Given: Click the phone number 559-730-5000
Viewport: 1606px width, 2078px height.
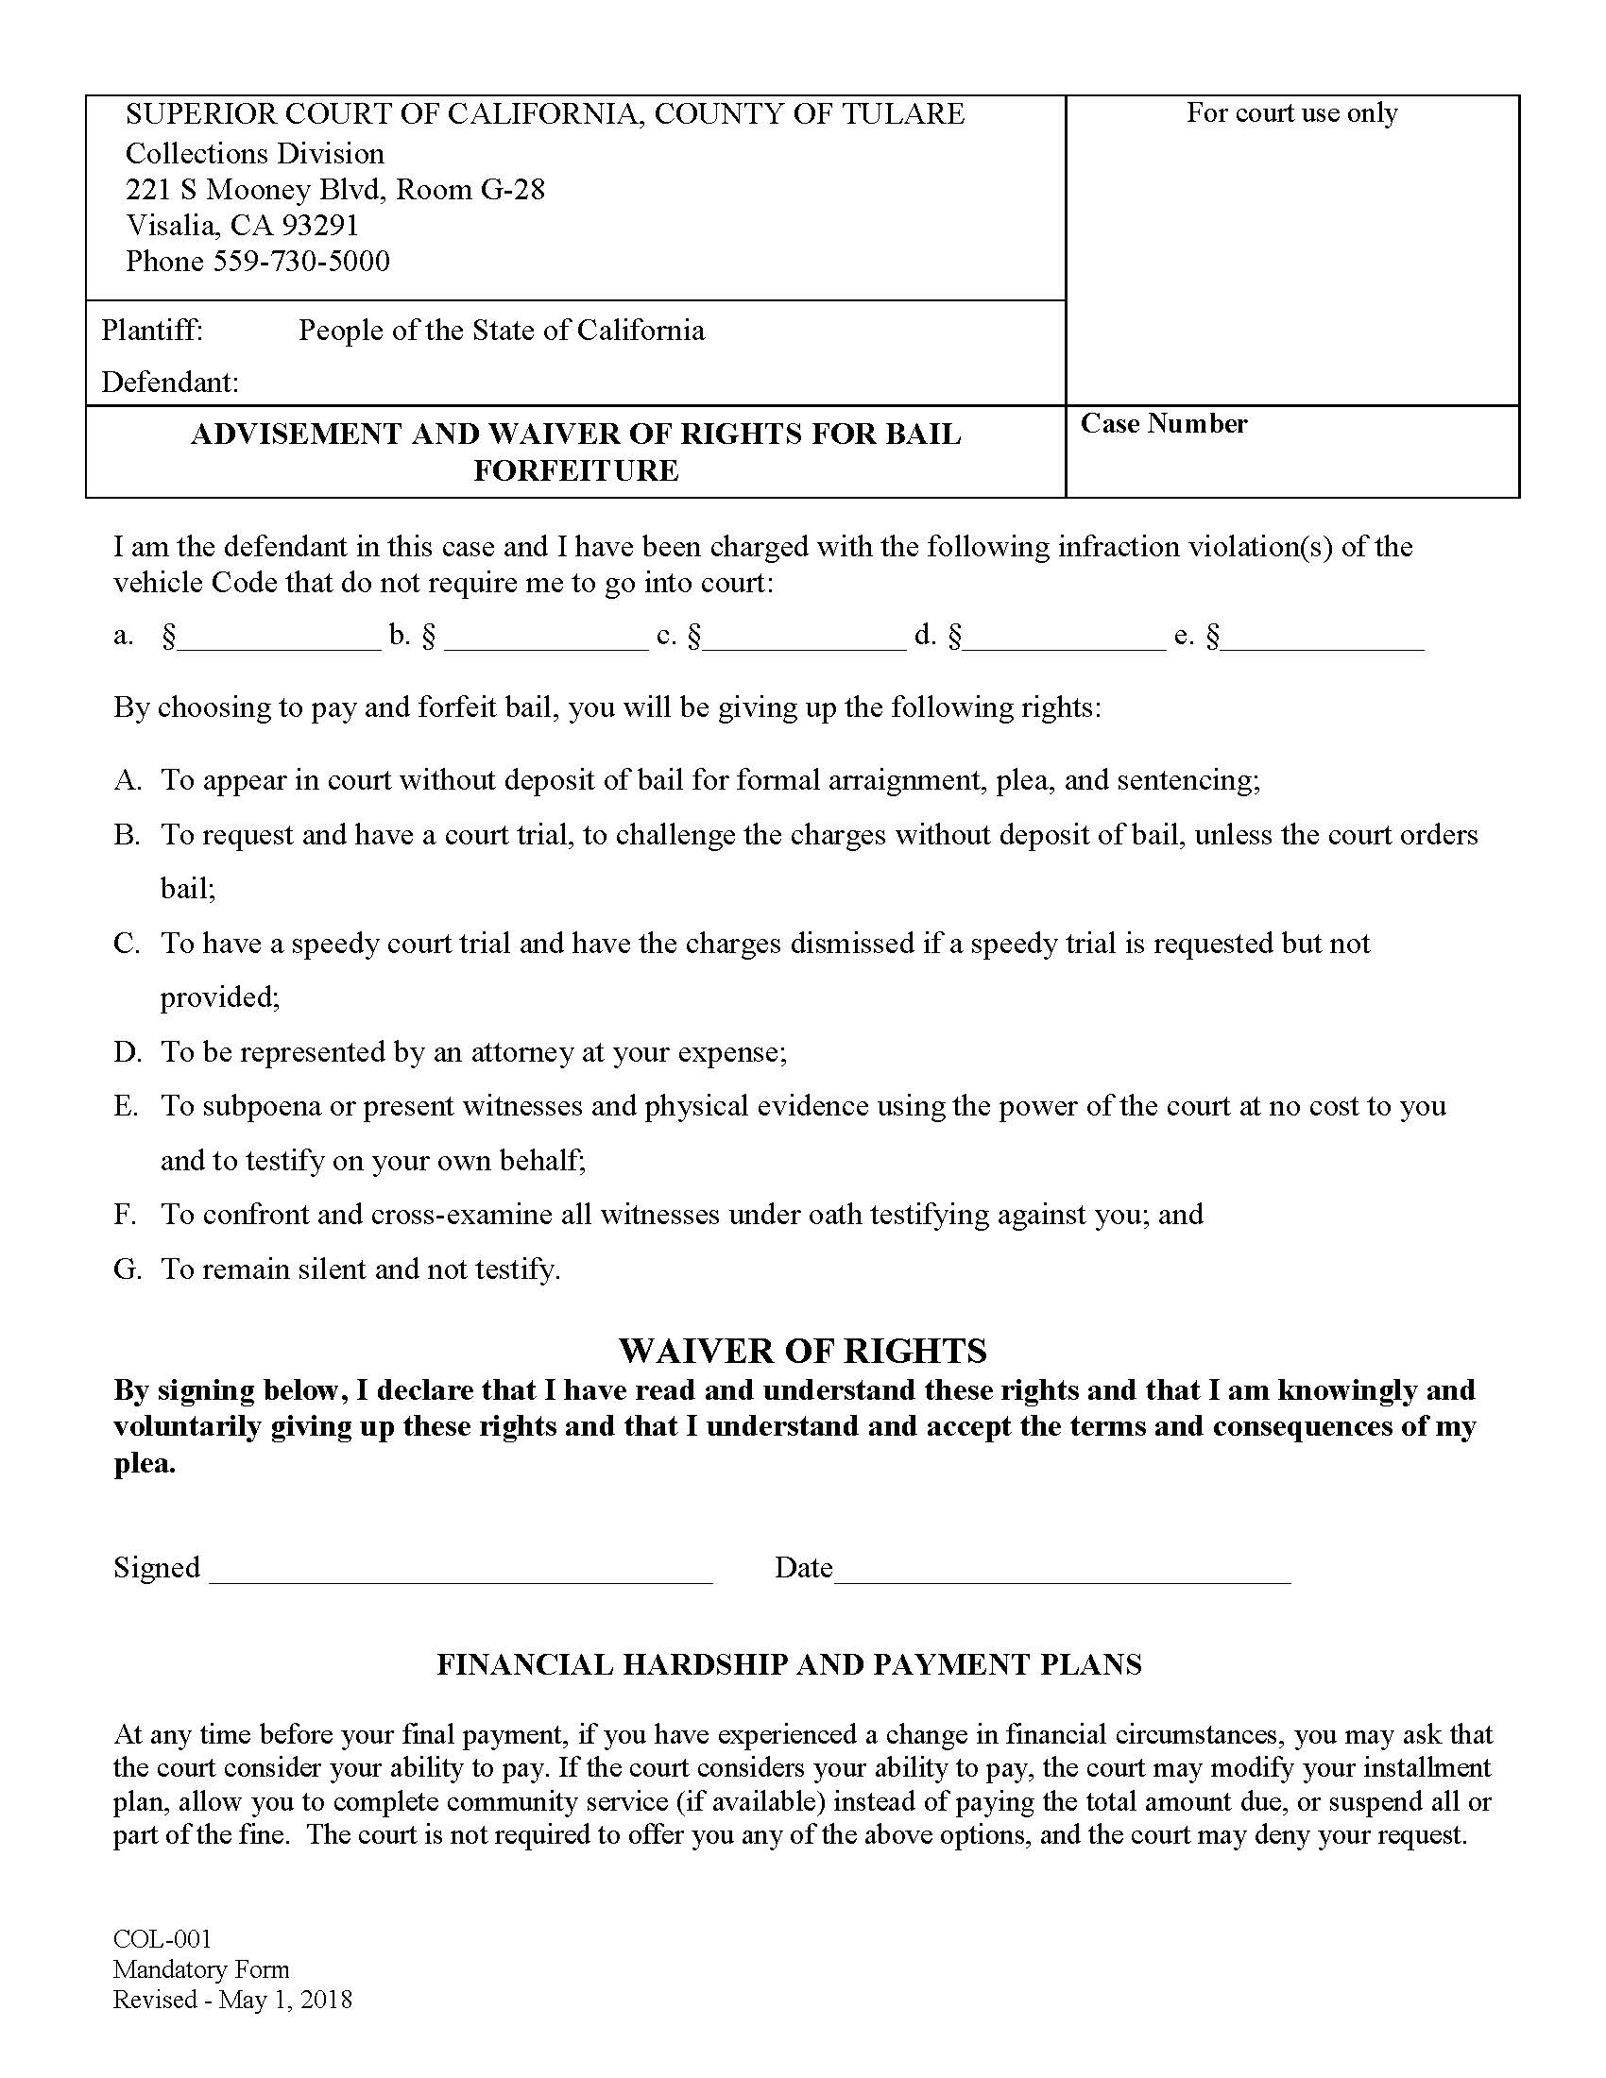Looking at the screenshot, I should pyautogui.click(x=300, y=261).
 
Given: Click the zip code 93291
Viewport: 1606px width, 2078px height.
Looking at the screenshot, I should pyautogui.click(x=318, y=225).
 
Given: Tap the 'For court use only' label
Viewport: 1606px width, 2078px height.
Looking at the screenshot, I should pyautogui.click(x=1291, y=113).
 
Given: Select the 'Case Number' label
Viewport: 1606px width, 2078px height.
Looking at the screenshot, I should pyautogui.click(x=1163, y=423).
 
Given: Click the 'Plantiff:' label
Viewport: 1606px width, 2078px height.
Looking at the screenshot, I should pyautogui.click(x=152, y=331).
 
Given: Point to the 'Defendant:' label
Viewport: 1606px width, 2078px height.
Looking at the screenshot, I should pyautogui.click(x=170, y=382).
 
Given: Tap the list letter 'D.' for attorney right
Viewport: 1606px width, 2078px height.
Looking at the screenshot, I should pyautogui.click(x=128, y=1051).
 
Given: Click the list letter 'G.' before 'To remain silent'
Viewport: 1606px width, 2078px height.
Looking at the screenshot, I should pyautogui.click(x=128, y=1269).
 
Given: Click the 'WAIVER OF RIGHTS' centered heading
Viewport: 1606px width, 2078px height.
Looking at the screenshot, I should pyautogui.click(x=802, y=1350).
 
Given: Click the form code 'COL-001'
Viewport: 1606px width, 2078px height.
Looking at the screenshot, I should pyautogui.click(x=162, y=1939).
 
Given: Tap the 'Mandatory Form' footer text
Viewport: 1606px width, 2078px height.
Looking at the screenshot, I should pyautogui.click(x=200, y=1969).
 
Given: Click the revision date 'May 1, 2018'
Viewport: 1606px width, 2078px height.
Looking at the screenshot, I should pyautogui.click(x=285, y=2000).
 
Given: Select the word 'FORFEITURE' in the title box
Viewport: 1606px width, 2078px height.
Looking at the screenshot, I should pyautogui.click(x=575, y=470).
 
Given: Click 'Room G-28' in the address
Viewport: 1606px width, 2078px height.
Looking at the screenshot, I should pyautogui.click(x=470, y=189).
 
